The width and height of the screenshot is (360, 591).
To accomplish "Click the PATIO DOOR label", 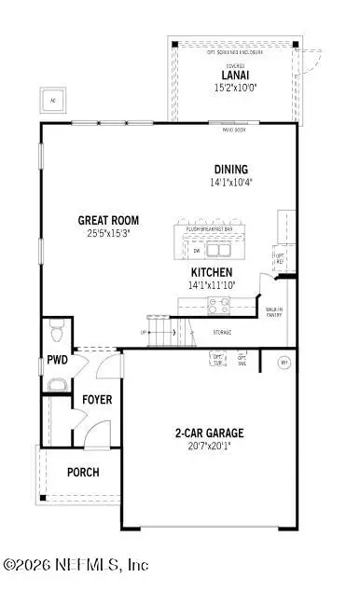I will coord(221,128).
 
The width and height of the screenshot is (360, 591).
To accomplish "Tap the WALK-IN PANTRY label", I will coord(274,312).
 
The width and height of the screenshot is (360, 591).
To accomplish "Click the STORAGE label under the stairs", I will coord(221,332).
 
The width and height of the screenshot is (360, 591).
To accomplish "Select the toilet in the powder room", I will coord(57,328).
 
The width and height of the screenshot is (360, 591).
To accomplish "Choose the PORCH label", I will coord(83,472).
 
